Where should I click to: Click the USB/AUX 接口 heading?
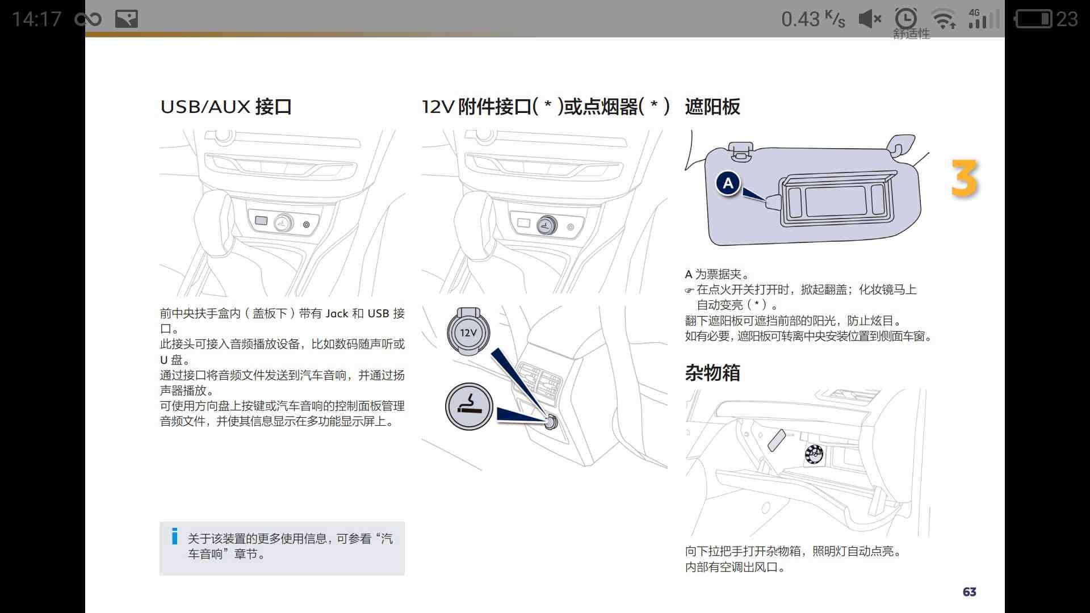(226, 107)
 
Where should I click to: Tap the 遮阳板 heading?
(712, 107)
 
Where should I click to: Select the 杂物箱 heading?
(712, 373)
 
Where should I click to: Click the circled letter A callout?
(728, 183)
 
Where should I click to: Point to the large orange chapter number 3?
(965, 179)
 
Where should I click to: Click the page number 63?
(970, 592)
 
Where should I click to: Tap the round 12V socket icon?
(468, 332)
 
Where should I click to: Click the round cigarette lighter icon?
(469, 406)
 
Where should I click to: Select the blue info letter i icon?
(175, 536)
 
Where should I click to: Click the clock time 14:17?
(36, 19)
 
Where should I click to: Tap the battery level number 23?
(1067, 19)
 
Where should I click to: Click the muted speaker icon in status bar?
(870, 19)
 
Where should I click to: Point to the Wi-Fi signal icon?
(945, 19)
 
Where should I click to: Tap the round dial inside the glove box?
(814, 454)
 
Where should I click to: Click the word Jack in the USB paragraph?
(337, 313)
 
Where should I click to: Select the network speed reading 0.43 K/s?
(813, 19)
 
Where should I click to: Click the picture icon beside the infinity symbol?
(127, 19)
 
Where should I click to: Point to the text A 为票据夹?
(716, 274)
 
